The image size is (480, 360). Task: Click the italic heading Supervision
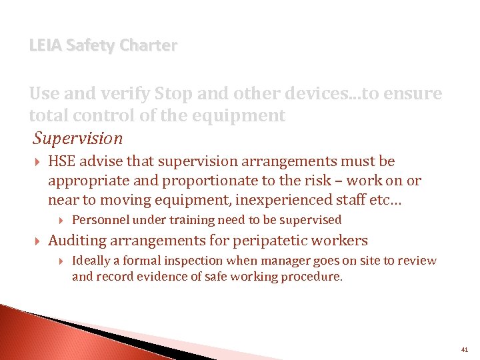(x=79, y=138)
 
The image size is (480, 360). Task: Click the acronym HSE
(x=63, y=161)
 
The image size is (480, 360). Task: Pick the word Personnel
(x=101, y=220)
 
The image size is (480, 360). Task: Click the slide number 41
(x=464, y=349)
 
